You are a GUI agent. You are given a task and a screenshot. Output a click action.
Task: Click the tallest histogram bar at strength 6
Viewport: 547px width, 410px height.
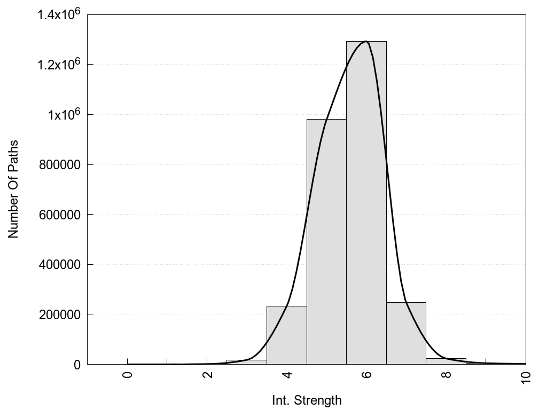point(366,203)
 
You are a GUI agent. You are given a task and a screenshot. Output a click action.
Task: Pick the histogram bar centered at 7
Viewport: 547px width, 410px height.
point(406,333)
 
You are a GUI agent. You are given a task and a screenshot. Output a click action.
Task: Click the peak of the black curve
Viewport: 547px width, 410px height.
point(366,41)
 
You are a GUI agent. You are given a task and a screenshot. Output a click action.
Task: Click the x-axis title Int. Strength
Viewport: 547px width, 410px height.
point(307,400)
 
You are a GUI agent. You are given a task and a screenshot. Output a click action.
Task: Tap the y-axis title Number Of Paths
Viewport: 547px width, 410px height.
point(13,189)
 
